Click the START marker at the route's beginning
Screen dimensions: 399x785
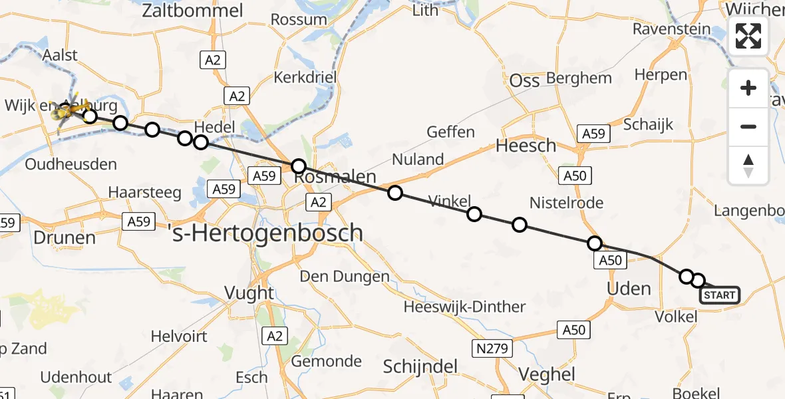720,295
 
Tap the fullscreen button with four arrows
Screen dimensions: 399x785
748,36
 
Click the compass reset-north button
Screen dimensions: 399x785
748,166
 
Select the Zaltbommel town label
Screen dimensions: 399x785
192,11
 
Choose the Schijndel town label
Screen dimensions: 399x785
421,367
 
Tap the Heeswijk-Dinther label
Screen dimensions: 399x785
465,307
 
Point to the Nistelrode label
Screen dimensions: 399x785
566,203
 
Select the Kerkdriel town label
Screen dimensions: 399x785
305,77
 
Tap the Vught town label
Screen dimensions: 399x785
249,293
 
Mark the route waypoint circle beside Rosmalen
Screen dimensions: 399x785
299,166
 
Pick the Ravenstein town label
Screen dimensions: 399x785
671,29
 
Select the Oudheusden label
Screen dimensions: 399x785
71,164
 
